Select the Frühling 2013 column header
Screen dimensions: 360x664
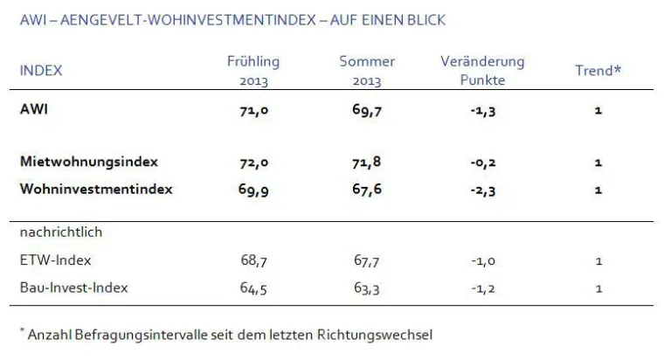point(253,71)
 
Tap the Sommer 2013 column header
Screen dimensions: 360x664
point(367,71)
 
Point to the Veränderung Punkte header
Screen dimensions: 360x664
point(482,71)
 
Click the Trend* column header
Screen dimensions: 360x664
point(598,71)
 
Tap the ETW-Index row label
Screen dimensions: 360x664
point(55,260)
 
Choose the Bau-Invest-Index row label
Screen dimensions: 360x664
point(73,287)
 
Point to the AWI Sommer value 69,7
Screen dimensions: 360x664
point(367,111)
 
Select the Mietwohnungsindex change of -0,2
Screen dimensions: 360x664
point(482,163)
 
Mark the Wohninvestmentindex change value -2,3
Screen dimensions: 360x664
point(482,189)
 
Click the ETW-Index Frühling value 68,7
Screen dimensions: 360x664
point(254,260)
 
